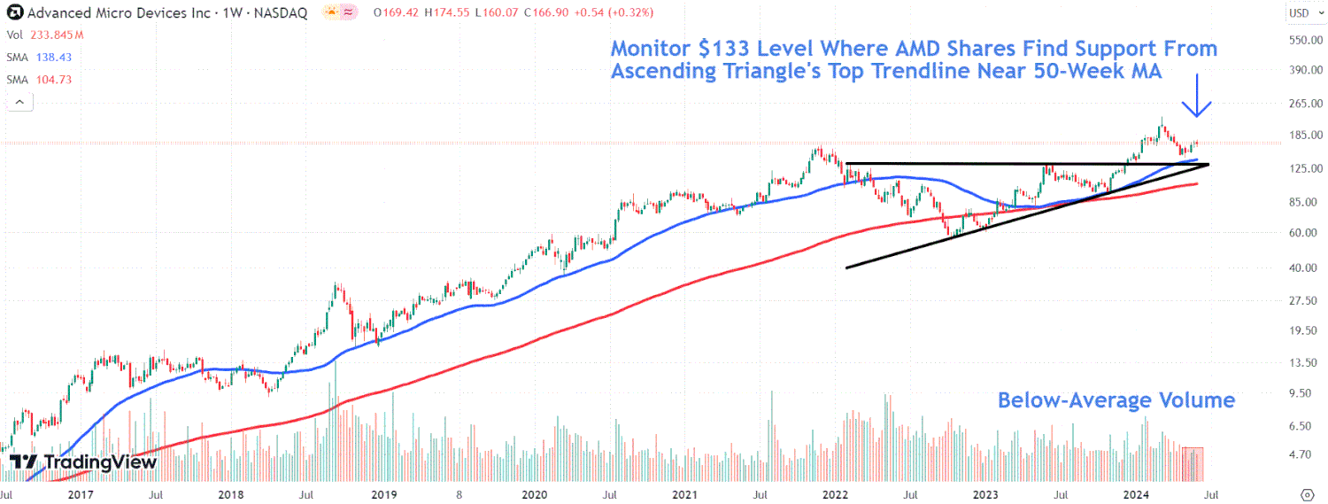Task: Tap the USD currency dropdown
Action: (1301, 12)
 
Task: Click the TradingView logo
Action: (84, 461)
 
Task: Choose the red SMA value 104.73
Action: (52, 80)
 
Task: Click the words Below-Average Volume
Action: (1116, 400)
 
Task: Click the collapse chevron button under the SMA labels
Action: (19, 102)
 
